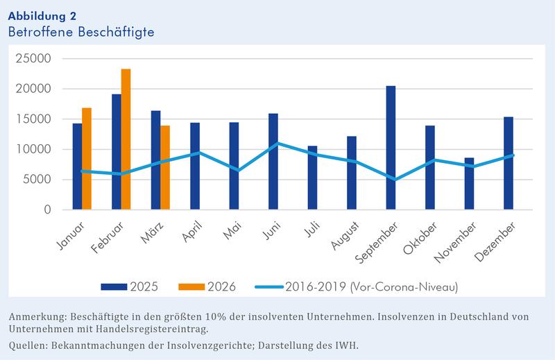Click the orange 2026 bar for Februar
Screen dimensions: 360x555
coord(126,139)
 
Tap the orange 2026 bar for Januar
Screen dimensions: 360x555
coord(87,159)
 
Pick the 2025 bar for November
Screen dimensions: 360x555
coord(470,184)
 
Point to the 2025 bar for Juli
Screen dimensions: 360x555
coord(312,178)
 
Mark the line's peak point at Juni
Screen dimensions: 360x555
coord(273,143)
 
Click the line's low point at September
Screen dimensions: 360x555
coord(391,179)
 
